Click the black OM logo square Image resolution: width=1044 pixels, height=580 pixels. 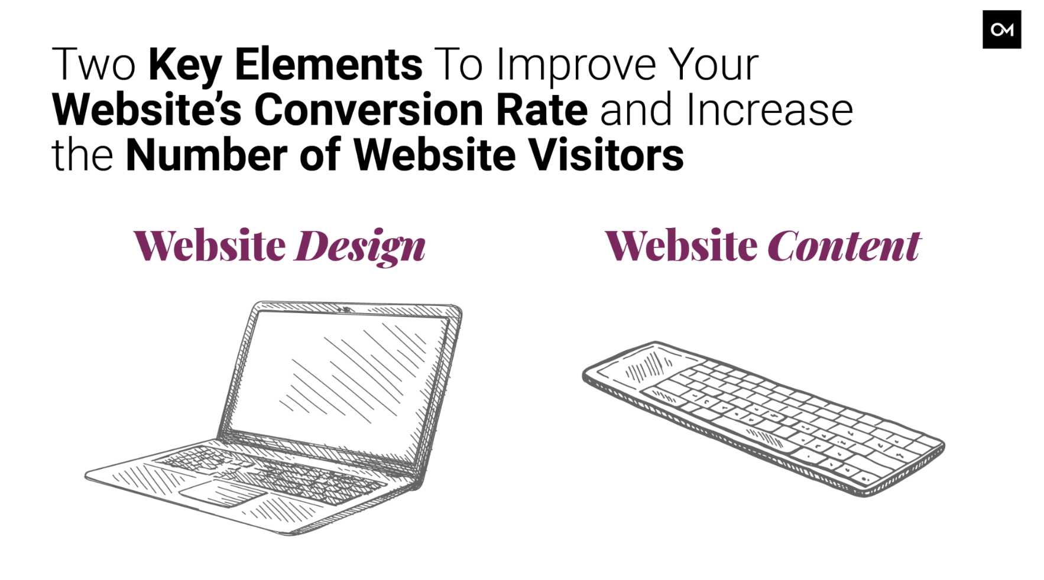(x=1001, y=30)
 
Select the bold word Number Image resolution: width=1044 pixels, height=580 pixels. (x=207, y=155)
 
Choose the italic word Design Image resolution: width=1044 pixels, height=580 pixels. (x=360, y=246)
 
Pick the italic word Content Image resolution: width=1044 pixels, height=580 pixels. (x=844, y=245)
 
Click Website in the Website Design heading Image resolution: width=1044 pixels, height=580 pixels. (x=210, y=245)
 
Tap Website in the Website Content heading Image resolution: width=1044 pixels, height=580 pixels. (x=681, y=245)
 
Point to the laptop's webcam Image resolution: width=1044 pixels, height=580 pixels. (x=345, y=309)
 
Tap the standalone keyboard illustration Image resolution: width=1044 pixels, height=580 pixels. (x=763, y=418)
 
